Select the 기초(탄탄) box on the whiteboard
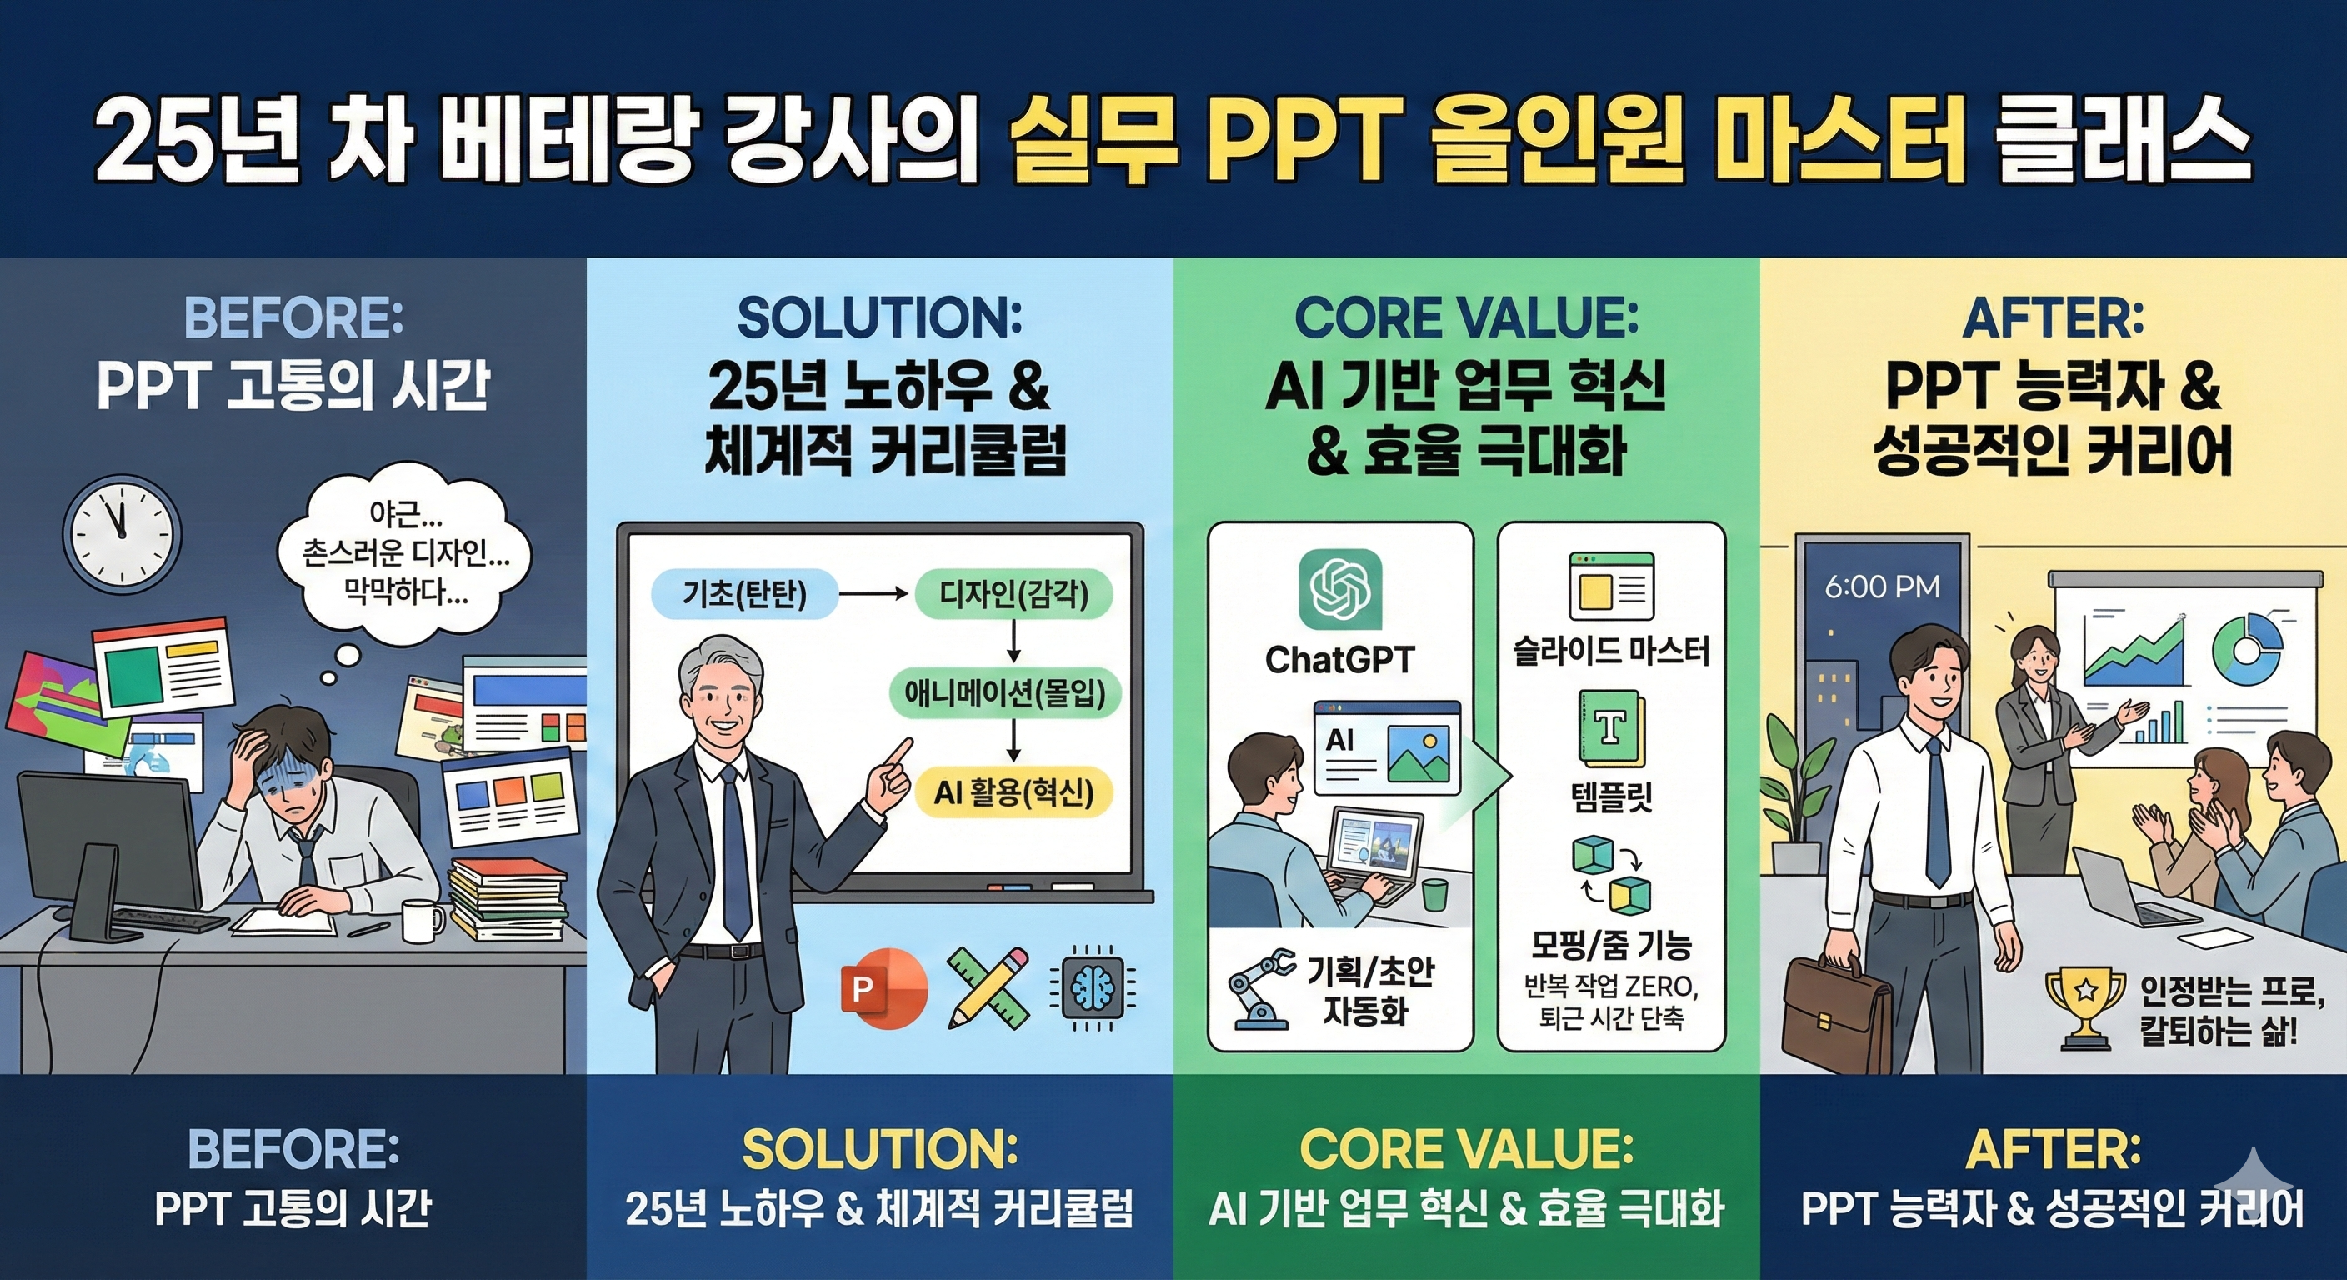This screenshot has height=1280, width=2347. [745, 595]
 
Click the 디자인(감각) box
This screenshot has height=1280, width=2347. [1014, 595]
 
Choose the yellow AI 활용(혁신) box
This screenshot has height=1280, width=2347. [1013, 792]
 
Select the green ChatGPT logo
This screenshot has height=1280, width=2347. [1339, 589]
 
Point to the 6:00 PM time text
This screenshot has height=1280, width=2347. [1882, 587]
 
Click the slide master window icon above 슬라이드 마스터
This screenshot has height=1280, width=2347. [1611, 586]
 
